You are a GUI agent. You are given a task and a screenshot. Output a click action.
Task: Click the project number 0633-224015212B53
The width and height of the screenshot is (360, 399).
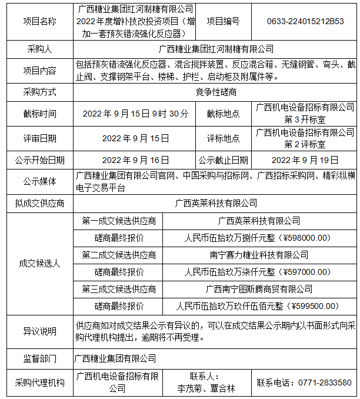click(305, 21)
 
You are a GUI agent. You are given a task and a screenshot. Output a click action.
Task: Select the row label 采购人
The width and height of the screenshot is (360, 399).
click(40, 48)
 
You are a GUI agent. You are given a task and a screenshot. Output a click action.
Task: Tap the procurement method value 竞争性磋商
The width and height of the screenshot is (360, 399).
click(216, 92)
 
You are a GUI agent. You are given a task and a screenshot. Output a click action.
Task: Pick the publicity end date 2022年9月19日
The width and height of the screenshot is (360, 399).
click(305, 159)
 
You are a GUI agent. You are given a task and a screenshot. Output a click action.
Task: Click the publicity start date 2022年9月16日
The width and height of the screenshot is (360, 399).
click(136, 159)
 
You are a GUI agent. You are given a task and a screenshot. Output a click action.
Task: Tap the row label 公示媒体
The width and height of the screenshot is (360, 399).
click(40, 181)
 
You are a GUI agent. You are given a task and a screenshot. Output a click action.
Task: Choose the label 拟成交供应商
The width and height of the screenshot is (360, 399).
click(40, 203)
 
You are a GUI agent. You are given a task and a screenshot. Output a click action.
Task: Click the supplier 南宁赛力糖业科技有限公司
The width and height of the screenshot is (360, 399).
click(259, 255)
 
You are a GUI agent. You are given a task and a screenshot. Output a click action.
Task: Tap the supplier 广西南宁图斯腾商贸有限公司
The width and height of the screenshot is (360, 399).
click(259, 289)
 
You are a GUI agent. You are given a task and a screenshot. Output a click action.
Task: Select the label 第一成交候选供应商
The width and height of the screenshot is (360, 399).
click(119, 221)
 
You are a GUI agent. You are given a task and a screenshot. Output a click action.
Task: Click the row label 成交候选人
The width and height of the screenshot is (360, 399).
click(40, 264)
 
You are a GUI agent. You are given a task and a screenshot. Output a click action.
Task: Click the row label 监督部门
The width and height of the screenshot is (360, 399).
click(40, 358)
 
